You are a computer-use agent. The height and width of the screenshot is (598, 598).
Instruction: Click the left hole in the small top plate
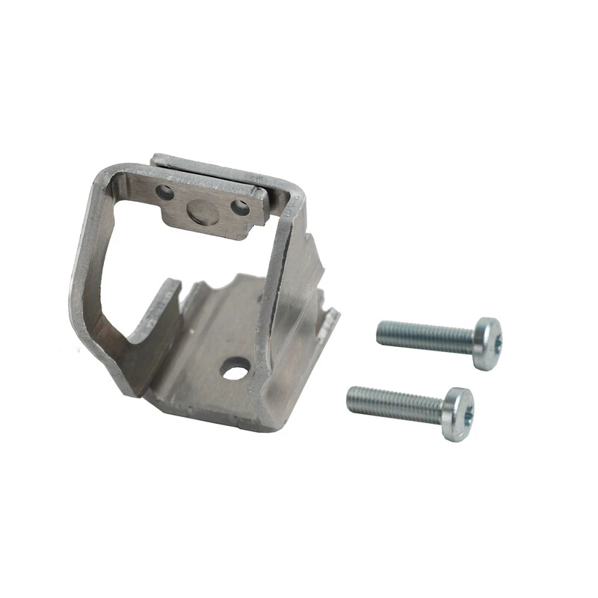(164, 192)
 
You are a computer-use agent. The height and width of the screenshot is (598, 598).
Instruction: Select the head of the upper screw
(487, 343)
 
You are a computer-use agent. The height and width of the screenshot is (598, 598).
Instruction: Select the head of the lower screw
(457, 413)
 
